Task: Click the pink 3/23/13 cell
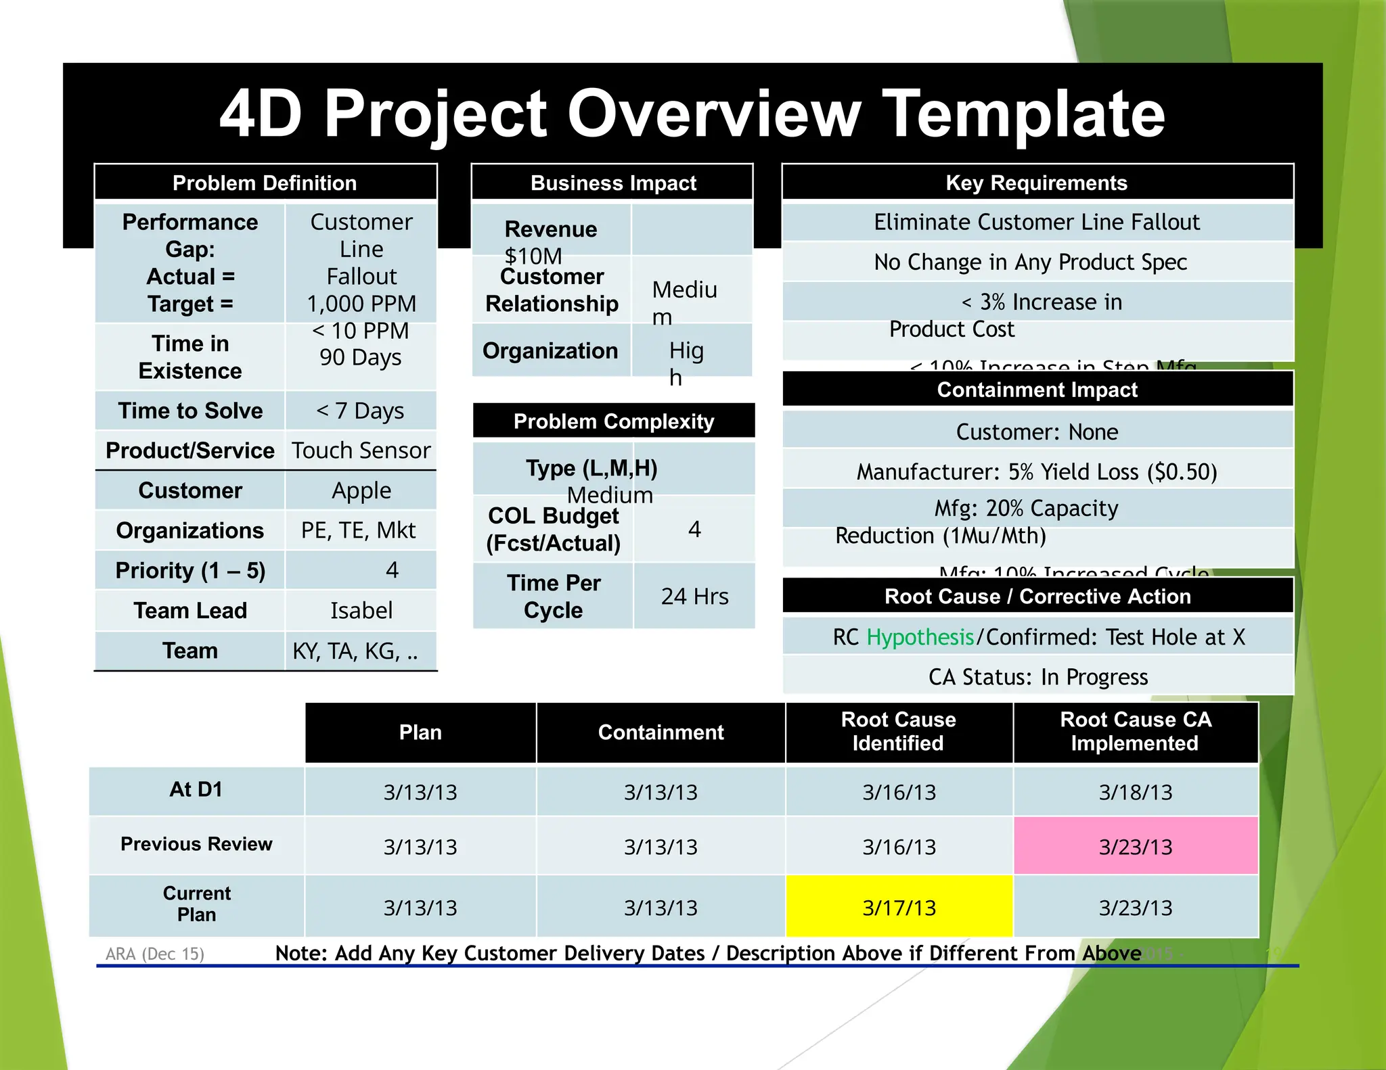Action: point(1135,846)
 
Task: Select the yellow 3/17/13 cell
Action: point(899,907)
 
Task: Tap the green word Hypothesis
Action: point(920,637)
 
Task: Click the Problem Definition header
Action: point(265,183)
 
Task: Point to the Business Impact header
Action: point(613,183)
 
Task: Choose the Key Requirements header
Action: point(1036,183)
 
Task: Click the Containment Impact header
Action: point(1037,390)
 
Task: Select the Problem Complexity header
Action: point(613,421)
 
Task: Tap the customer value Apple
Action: point(361,490)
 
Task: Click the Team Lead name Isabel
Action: point(361,611)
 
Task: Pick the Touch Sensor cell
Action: point(361,450)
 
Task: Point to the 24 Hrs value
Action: point(694,596)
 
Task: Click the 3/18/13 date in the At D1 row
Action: point(1135,791)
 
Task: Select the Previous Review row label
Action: point(196,844)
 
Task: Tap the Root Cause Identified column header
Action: point(898,731)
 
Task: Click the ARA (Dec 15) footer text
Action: point(155,954)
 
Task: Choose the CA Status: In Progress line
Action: point(1037,677)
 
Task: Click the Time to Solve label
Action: point(190,411)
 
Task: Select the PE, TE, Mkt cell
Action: point(358,530)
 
